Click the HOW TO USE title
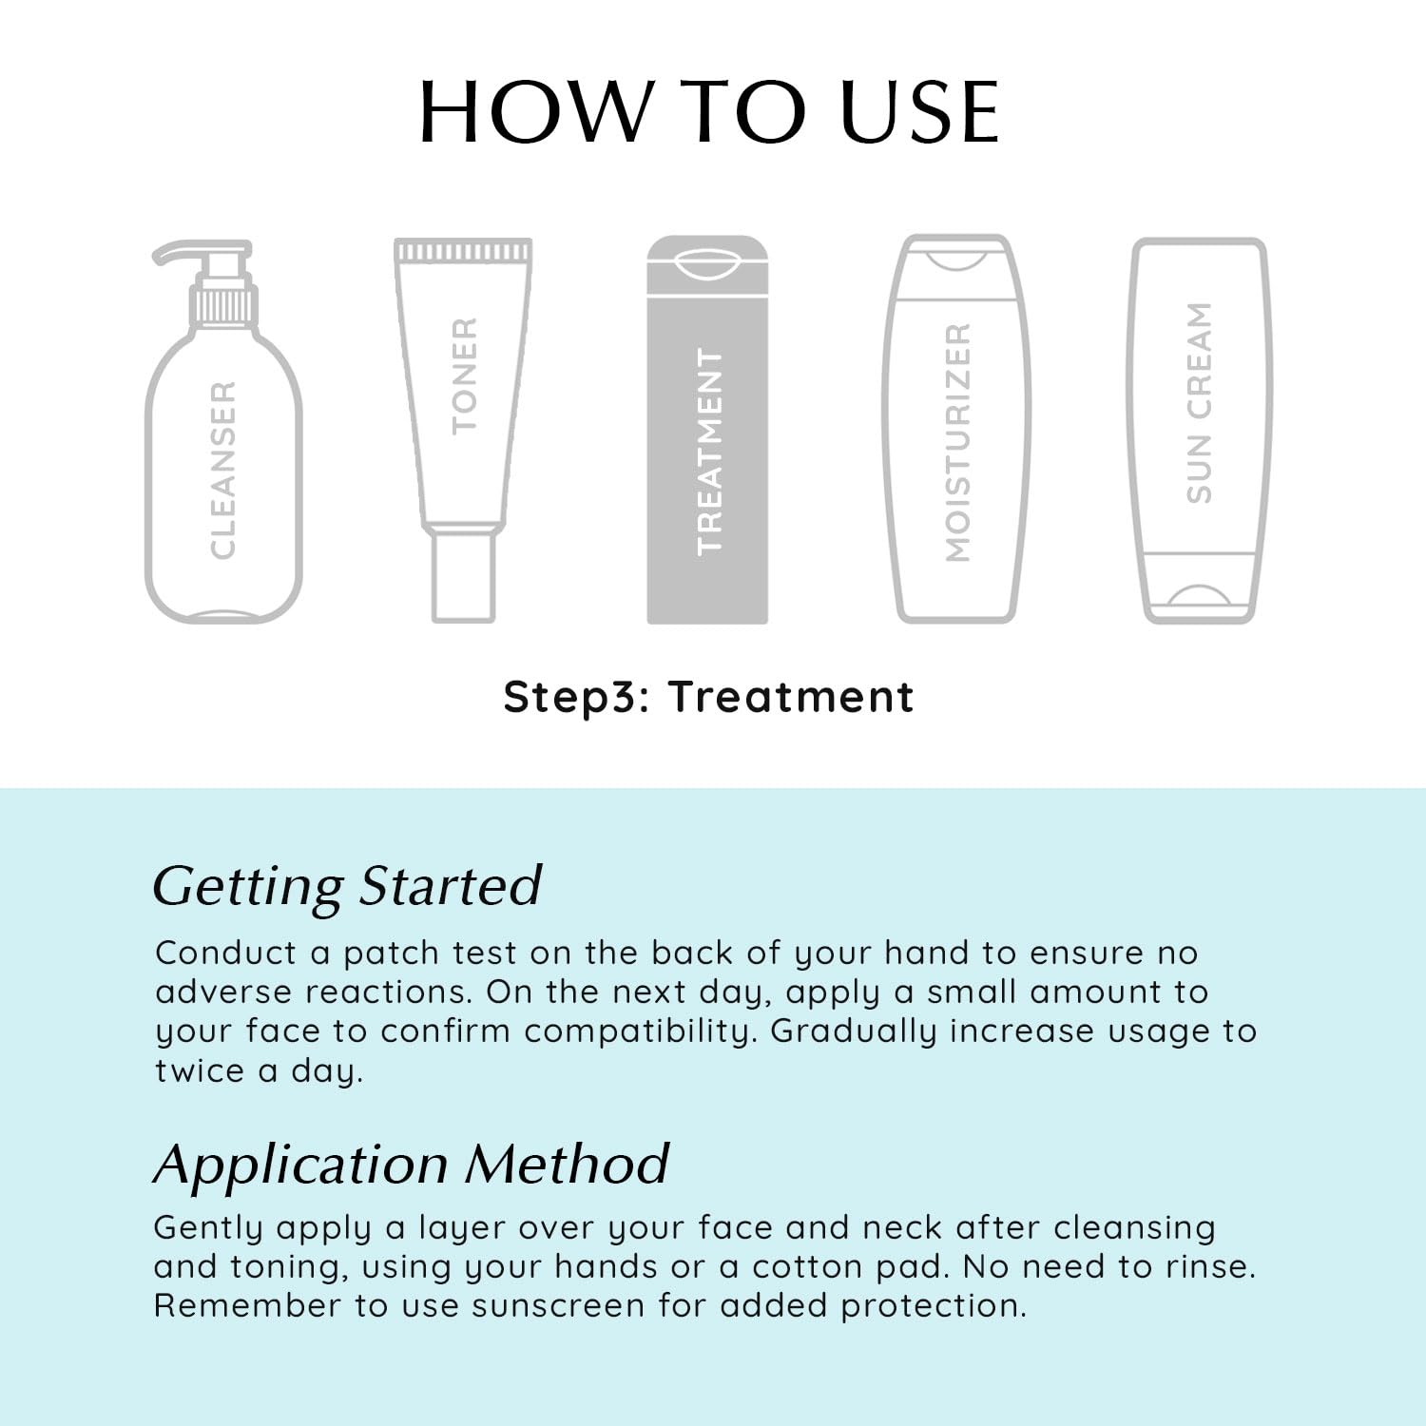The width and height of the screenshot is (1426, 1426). click(709, 112)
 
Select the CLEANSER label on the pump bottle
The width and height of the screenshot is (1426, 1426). click(222, 470)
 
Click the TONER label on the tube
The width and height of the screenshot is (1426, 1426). click(464, 376)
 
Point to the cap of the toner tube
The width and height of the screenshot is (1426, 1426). click(463, 575)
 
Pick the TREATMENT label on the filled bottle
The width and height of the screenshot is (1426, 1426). click(709, 451)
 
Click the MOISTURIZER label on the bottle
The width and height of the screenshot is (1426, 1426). click(957, 442)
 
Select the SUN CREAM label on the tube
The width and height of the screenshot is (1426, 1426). click(1199, 402)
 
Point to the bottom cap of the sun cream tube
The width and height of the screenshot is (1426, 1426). click(1199, 588)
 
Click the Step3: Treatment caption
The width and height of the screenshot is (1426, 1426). click(708, 697)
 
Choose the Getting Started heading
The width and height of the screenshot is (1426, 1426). click(347, 886)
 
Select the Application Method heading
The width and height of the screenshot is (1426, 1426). click(412, 1164)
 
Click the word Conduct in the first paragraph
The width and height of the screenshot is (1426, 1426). click(226, 953)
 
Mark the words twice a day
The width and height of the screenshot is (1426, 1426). click(259, 1071)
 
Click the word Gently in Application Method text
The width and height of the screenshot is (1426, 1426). click(207, 1228)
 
